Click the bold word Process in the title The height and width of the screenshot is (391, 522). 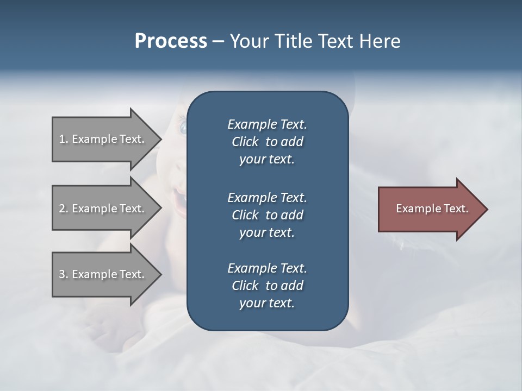point(171,41)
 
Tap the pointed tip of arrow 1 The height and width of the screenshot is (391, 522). point(160,139)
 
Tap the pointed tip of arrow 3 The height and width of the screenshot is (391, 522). point(160,274)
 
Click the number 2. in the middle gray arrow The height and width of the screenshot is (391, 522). point(63,209)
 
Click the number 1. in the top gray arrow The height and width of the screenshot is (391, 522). point(63,139)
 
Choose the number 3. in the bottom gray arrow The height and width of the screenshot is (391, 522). point(63,274)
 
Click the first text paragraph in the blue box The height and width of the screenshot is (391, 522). point(267,142)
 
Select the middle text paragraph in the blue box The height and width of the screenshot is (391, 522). point(267,215)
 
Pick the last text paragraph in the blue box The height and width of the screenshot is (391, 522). point(267,286)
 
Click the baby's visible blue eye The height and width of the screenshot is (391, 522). point(182,128)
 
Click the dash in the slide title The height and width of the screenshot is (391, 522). point(218,42)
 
